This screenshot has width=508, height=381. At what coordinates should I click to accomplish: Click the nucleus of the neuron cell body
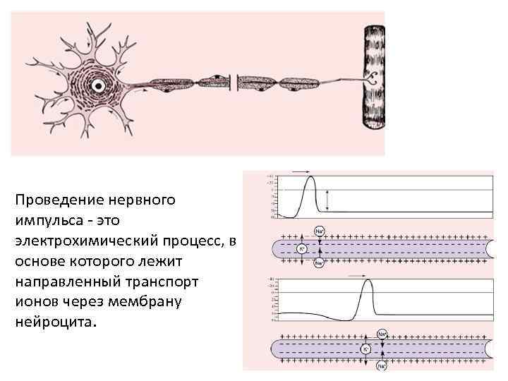[99, 85]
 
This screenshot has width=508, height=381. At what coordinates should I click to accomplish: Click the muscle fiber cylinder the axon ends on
[373, 77]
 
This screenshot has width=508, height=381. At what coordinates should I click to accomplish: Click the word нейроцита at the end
[49, 322]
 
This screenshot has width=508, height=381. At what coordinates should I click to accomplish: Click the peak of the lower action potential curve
[365, 281]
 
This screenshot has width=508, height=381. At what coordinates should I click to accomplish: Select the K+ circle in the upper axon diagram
[301, 249]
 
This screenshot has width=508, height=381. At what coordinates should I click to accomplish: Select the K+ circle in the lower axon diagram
[365, 349]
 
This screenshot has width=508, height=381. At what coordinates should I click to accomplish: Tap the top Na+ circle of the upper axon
[318, 231]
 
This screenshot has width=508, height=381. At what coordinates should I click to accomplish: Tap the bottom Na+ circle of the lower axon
[382, 366]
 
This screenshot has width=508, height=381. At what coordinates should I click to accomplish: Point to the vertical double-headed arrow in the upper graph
[328, 201]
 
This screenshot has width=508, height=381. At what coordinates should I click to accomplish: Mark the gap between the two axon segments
[234, 84]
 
